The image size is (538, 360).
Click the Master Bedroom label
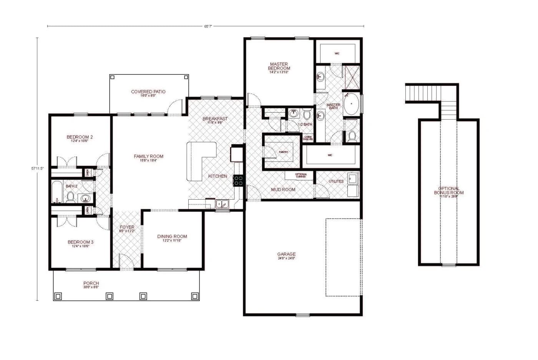coord(279,67)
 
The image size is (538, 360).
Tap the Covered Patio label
coord(148,92)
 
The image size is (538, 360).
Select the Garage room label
coord(286,254)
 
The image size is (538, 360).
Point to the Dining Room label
coord(172,237)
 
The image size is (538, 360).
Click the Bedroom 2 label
coord(80,137)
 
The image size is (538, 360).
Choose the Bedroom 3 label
coord(81,242)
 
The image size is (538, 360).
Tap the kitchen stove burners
coord(238,180)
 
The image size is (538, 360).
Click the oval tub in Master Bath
coord(351,103)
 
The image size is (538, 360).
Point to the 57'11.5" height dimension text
coord(38,168)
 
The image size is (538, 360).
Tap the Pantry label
coord(284,152)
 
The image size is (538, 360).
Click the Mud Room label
coord(283,190)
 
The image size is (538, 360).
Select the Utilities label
coord(336,182)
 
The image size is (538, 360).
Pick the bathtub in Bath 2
coord(57,192)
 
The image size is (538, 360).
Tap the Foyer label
coord(127,228)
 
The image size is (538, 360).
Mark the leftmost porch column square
coord(58,296)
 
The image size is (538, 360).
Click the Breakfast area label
coord(215,119)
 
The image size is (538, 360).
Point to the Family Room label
coord(148,157)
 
